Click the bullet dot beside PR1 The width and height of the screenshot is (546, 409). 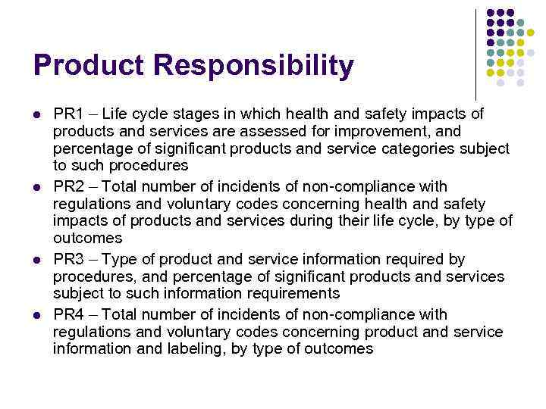point(37,115)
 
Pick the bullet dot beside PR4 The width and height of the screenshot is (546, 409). point(37,315)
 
